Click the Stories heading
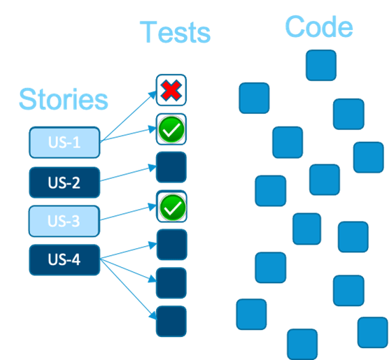(x=64, y=99)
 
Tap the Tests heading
(x=174, y=32)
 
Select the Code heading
(x=318, y=27)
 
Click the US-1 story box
(x=64, y=143)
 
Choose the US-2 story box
(x=64, y=182)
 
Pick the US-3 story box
(x=64, y=221)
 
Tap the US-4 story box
(x=64, y=260)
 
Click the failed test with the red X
(x=171, y=90)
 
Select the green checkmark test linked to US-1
(x=171, y=129)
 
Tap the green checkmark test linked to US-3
(x=171, y=206)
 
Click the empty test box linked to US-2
(x=171, y=167)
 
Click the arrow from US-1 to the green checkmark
(x=129, y=136)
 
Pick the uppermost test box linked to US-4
(x=171, y=245)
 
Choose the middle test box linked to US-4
(x=171, y=283)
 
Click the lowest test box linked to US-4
(x=171, y=322)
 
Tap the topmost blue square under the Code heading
(x=320, y=65)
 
